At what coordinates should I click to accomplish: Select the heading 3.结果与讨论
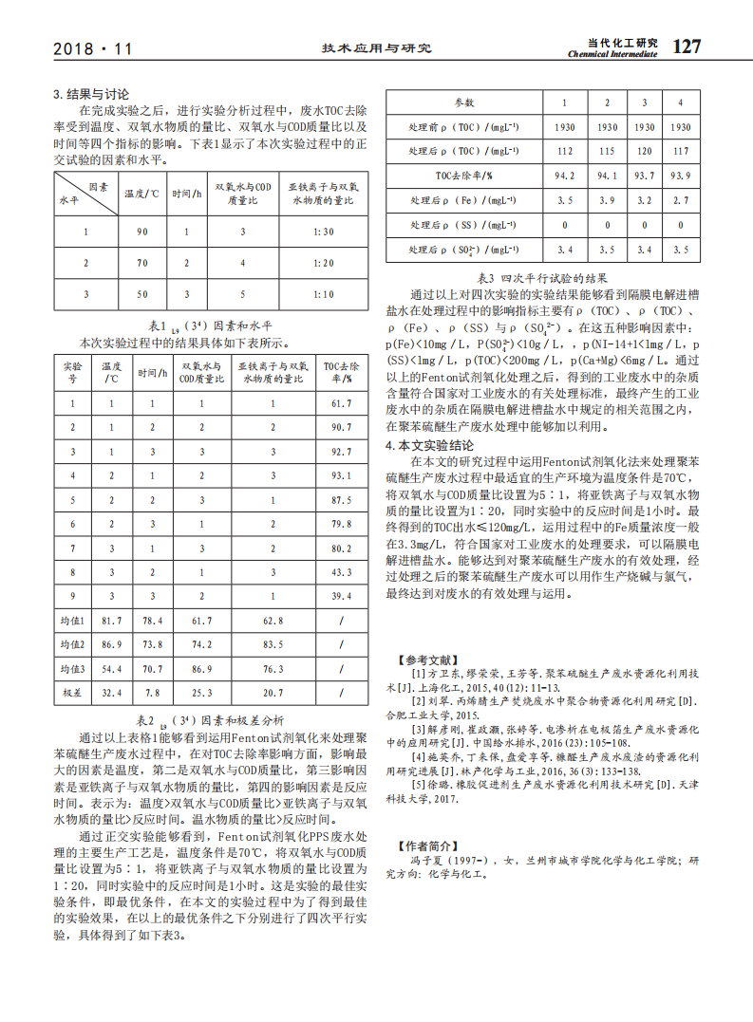tap(91, 95)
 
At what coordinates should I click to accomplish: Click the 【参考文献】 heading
tap(427, 660)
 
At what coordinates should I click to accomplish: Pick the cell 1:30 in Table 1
tap(323, 232)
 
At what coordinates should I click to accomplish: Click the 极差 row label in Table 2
tap(73, 693)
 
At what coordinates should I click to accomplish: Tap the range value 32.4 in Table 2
tap(112, 693)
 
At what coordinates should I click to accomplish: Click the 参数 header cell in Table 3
tap(463, 102)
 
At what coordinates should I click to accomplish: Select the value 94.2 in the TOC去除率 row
tap(565, 176)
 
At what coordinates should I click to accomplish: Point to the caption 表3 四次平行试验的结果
tap(542, 278)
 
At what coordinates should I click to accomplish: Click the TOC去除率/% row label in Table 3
tap(463, 176)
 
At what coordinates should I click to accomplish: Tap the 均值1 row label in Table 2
tap(73, 621)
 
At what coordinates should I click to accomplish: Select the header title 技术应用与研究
tap(376, 48)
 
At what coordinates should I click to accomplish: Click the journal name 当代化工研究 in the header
tap(622, 43)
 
